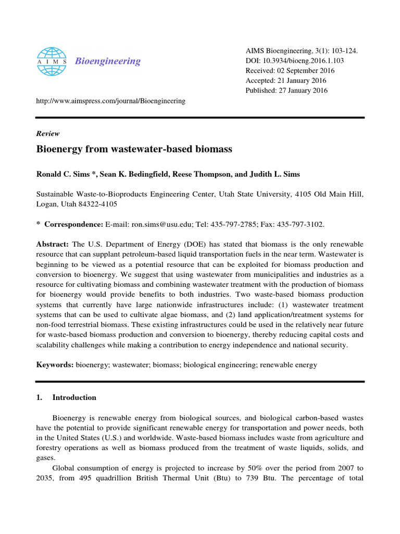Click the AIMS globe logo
pyautogui.click(x=52, y=60)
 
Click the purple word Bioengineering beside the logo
pyautogui.click(x=108, y=61)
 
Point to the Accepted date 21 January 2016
pyautogui.click(x=302, y=80)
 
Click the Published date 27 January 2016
pyautogui.click(x=305, y=90)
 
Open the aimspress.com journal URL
pyautogui.click(x=110, y=101)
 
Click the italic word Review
pyautogui.click(x=47, y=133)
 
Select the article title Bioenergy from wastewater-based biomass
pyautogui.click(x=134, y=149)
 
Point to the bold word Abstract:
pyautogui.click(x=53, y=244)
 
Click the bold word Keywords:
pyautogui.click(x=55, y=365)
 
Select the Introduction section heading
pyautogui.click(x=74, y=397)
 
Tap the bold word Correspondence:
pyautogui.click(x=74, y=224)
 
